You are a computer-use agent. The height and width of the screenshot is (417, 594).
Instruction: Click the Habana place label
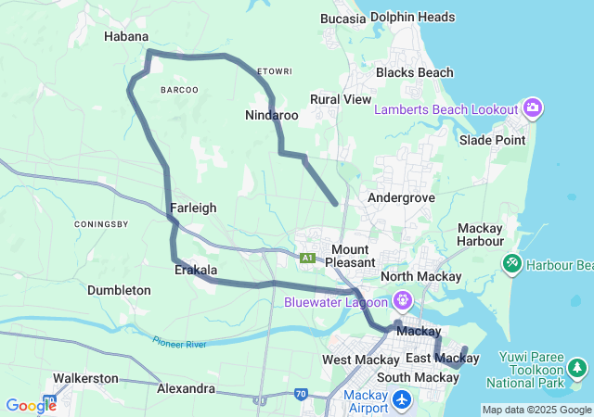[x=125, y=36]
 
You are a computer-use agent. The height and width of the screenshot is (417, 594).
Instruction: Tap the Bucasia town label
[x=342, y=18]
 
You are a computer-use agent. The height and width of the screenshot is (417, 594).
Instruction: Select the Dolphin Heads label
[x=412, y=17]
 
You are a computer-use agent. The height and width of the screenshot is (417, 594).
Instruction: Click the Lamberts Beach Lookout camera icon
[x=533, y=108]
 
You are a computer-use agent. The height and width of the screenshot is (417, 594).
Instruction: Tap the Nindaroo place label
[x=271, y=116]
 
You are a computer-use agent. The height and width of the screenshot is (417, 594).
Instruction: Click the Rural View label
[x=341, y=99]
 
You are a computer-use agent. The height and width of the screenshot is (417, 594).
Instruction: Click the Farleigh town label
[x=193, y=208]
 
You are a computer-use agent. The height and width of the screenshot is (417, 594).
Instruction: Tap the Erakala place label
[x=196, y=270]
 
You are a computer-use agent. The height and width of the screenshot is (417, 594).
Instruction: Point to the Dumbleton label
[x=119, y=290]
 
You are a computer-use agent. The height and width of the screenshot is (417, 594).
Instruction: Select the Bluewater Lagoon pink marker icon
[x=402, y=300]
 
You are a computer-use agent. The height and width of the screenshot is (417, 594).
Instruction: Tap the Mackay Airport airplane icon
[x=402, y=400]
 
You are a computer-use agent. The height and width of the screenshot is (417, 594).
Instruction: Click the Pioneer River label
[x=179, y=341]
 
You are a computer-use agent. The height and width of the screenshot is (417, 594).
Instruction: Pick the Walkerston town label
[x=85, y=378]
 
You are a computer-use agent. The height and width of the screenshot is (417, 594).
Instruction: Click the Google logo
[x=31, y=406]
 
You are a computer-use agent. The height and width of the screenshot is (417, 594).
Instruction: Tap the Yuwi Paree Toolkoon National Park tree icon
[x=577, y=369]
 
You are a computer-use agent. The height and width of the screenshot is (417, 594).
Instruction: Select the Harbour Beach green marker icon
[x=511, y=265]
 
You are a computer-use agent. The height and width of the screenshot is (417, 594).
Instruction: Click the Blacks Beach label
[x=414, y=72]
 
